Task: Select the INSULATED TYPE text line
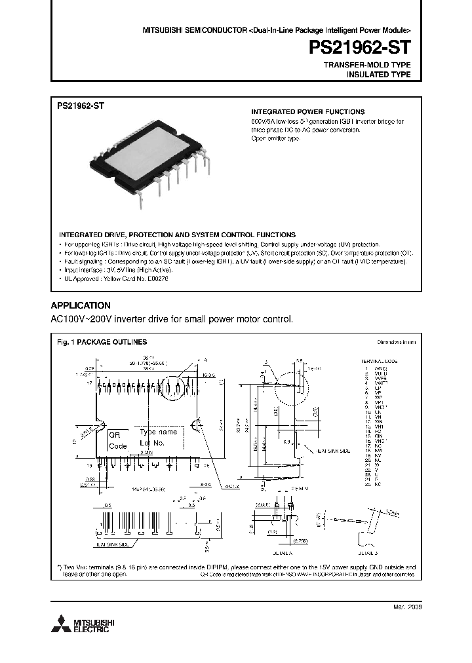click(x=378, y=75)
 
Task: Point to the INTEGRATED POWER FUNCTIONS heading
click(x=308, y=112)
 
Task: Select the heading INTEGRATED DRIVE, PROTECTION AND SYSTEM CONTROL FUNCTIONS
click(x=177, y=235)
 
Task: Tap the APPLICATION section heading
click(x=81, y=306)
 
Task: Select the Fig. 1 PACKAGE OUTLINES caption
click(x=102, y=342)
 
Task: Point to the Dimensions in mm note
click(x=396, y=342)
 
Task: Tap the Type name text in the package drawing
click(x=158, y=432)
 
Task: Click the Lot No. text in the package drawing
click(x=154, y=443)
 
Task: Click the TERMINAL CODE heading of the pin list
click(x=380, y=361)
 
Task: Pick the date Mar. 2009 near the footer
click(x=408, y=607)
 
